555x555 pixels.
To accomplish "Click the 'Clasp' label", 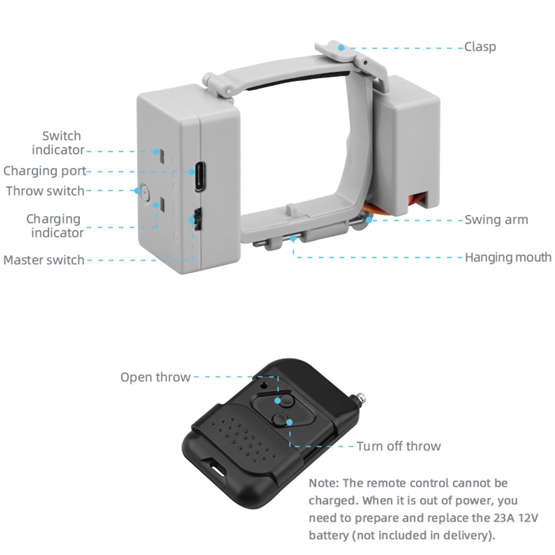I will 480,47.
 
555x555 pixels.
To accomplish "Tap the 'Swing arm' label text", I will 496,220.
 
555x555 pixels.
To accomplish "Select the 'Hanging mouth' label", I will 508,258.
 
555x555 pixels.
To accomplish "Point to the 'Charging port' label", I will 44,171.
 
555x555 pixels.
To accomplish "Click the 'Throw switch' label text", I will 45,191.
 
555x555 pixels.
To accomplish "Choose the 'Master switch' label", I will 44,260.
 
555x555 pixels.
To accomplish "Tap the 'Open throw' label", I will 155,377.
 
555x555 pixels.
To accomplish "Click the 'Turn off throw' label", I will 399,446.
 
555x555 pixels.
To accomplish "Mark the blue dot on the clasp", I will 341,48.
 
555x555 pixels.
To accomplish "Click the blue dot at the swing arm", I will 369,220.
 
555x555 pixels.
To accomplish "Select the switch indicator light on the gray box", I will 157,151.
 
